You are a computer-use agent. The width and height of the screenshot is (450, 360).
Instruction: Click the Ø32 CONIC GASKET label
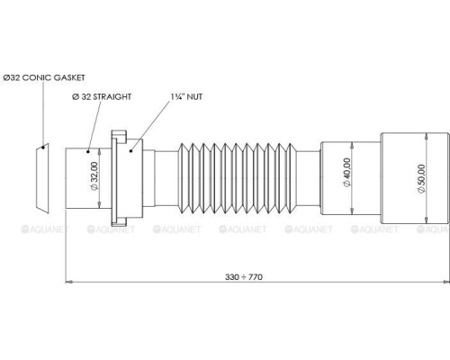point(44,77)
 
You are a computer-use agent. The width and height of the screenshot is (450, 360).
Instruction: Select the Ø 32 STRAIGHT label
point(102,96)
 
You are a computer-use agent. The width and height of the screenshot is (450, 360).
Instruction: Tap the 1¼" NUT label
point(186,96)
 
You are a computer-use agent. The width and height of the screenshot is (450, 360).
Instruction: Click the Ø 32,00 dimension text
point(94,175)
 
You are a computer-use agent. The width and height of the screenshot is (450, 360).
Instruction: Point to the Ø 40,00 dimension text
point(346,172)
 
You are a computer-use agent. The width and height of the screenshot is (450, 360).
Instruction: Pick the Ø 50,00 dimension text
point(421,179)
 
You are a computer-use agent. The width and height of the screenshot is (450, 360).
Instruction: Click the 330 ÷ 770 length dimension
point(244,277)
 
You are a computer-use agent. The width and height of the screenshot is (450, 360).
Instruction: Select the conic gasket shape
point(42,178)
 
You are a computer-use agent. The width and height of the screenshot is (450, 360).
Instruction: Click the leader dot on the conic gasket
point(43,148)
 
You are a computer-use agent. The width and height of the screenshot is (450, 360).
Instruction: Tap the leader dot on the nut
point(130,150)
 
